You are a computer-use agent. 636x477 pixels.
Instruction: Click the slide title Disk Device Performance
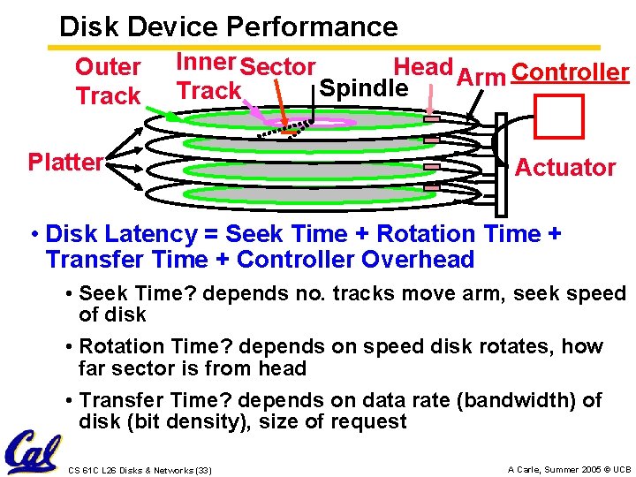(x=228, y=26)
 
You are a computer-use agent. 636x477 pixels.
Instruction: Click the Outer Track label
(x=108, y=81)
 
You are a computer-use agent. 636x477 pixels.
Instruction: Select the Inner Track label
(x=208, y=77)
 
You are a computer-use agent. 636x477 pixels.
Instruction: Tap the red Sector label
(x=278, y=67)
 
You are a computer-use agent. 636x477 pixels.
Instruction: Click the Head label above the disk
(x=423, y=67)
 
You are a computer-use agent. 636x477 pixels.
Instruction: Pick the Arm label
(x=481, y=77)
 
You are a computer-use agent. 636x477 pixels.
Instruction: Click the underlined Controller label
(x=570, y=72)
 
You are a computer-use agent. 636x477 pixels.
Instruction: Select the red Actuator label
(x=565, y=168)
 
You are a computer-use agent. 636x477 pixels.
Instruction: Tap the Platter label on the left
(x=65, y=163)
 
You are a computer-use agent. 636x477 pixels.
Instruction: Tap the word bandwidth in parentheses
(x=514, y=400)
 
